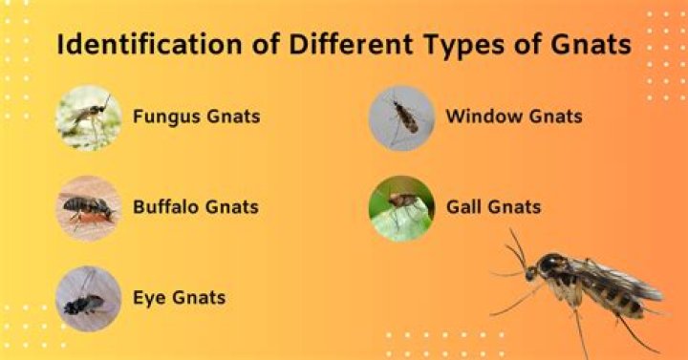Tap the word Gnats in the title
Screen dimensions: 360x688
coord(586,45)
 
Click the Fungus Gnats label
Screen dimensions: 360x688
coord(197,117)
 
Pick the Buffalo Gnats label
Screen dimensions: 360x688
coord(196,206)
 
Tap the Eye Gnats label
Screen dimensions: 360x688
coord(180,297)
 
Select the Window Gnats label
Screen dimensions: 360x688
coord(514,117)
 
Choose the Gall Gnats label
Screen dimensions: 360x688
coord(494,206)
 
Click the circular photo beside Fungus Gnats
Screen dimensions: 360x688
coord(88,117)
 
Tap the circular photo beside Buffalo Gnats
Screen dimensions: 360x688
coord(88,206)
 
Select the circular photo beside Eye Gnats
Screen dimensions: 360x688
coord(88,298)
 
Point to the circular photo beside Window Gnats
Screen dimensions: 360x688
coord(401,117)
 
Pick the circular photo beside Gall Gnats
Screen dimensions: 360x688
coord(401,207)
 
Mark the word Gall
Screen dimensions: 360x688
coord(463,206)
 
